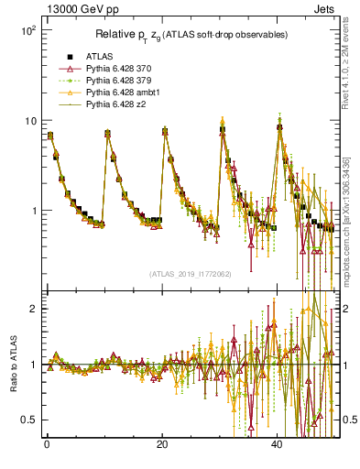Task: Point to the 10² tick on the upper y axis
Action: [x=27, y=30]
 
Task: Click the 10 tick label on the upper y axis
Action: [x=29, y=121]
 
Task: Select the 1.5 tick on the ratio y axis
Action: [x=28, y=336]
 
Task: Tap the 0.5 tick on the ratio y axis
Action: [x=28, y=420]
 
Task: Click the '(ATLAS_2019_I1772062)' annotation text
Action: [x=190, y=274]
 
